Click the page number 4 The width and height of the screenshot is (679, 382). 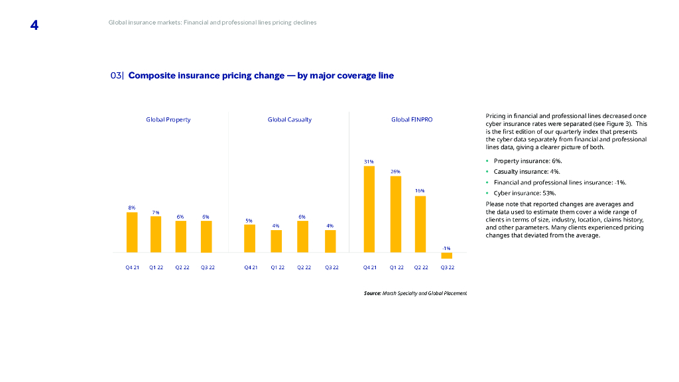coord(34,25)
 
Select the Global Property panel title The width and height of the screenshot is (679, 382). coord(168,119)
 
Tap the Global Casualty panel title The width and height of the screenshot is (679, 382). coord(289,119)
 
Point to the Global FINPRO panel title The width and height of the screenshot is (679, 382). coord(412,119)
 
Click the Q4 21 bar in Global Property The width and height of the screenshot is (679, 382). coord(132,232)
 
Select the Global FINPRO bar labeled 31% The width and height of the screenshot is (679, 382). coord(369,209)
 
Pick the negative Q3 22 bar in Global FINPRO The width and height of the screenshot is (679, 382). coord(447,255)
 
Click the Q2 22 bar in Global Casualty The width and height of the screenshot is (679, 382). coord(302,236)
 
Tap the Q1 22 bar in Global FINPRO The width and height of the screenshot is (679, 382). coord(396,214)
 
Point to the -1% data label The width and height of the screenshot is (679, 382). coord(447,248)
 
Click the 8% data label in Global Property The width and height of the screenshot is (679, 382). coord(132,208)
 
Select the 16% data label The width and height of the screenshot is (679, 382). coord(420,190)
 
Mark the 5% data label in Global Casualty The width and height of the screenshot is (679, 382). coord(249,220)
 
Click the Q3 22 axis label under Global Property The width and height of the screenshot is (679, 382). coord(208,267)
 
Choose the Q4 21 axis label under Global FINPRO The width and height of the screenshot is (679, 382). coord(369,267)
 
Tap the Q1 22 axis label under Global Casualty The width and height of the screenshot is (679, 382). coord(277,267)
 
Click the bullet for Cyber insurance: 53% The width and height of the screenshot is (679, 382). coord(487,193)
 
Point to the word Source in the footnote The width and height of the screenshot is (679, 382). coord(372,292)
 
